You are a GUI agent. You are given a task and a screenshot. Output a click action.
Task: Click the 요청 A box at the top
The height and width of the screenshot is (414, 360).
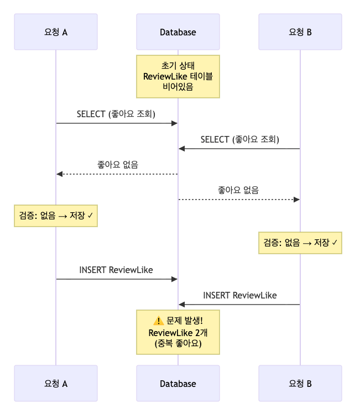tap(56, 32)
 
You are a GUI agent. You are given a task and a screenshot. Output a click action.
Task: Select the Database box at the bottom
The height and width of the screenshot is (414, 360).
tap(178, 383)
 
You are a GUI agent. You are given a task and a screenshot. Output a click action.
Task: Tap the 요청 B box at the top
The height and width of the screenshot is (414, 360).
tap(300, 32)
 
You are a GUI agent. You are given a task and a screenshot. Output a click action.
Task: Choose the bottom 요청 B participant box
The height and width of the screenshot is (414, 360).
tap(300, 383)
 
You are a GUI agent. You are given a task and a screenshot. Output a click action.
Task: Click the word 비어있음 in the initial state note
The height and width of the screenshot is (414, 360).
tap(178, 87)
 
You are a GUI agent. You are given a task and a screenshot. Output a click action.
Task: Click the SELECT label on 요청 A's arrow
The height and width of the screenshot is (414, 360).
tap(117, 114)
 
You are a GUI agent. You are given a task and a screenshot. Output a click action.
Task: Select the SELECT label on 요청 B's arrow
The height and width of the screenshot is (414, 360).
tap(239, 139)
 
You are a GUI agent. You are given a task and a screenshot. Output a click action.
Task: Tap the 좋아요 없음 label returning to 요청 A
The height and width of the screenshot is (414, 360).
tap(117, 164)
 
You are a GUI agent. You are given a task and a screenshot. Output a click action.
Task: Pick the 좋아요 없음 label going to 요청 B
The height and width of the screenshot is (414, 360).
tap(238, 190)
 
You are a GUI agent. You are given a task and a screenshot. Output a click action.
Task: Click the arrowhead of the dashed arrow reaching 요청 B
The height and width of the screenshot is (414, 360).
tap(296, 199)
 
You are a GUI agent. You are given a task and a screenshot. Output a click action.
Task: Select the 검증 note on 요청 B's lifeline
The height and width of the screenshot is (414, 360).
tap(300, 242)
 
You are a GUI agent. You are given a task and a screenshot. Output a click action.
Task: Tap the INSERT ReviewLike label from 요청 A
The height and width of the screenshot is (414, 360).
tap(116, 270)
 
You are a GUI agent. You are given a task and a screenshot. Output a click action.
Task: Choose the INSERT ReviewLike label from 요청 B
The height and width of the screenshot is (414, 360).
tap(239, 295)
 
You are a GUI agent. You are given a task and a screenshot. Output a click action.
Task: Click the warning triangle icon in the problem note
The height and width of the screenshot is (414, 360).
tap(158, 321)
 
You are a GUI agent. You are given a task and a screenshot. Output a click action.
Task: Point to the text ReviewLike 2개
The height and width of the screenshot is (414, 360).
tap(178, 332)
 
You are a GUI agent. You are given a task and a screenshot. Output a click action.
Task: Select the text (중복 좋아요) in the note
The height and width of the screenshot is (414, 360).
tap(178, 343)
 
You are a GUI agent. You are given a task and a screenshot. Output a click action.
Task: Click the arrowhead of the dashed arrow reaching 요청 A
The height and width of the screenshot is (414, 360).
tap(60, 174)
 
